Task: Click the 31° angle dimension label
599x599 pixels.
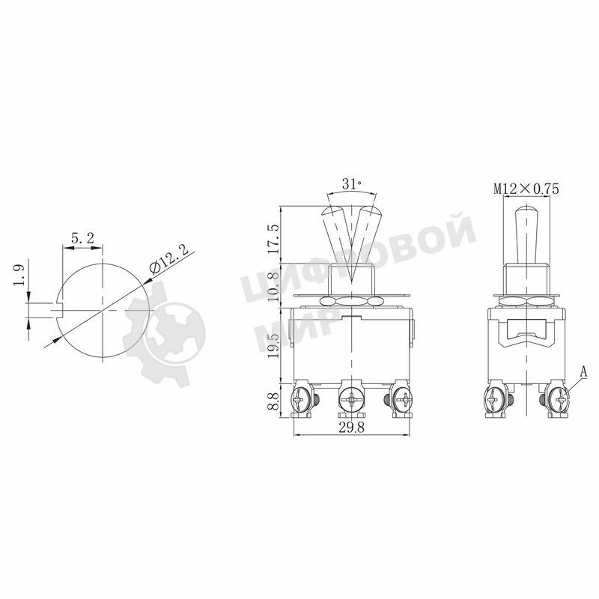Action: pos(351,183)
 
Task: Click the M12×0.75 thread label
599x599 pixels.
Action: pos(526,189)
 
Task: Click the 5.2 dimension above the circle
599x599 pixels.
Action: pos(82,238)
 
